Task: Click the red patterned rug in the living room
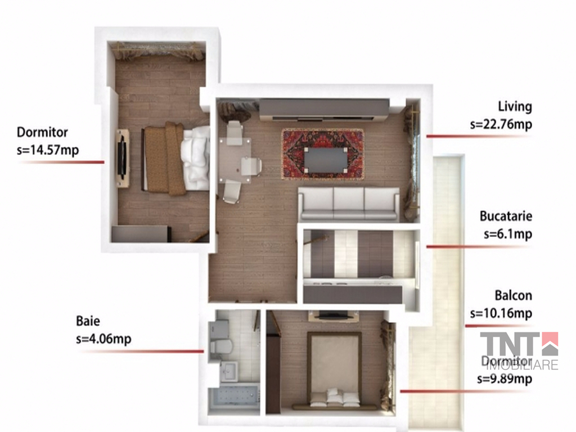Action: pyautogui.click(x=323, y=154)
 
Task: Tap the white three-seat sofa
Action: pyautogui.click(x=349, y=204)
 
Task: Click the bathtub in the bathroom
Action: pyautogui.click(x=233, y=400)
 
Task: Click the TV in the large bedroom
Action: pyautogui.click(x=122, y=158)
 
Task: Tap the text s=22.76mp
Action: pyautogui.click(x=501, y=124)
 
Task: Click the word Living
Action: pyautogui.click(x=515, y=106)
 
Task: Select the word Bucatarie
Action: pyautogui.click(x=506, y=216)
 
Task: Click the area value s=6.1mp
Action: pyautogui.click(x=508, y=234)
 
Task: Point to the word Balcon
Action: pyautogui.click(x=513, y=295)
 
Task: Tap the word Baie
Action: pyautogui.click(x=88, y=321)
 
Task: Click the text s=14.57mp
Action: pyautogui.click(x=48, y=150)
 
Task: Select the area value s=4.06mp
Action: pyautogui.click(x=103, y=339)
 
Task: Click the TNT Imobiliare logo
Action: pyautogui.click(x=519, y=350)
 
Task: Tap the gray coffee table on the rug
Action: pyautogui.click(x=326, y=160)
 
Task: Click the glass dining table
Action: pyautogui.click(x=235, y=160)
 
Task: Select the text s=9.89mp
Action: pyautogui.click(x=505, y=379)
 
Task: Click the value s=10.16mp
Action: pyautogui.click(x=501, y=313)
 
